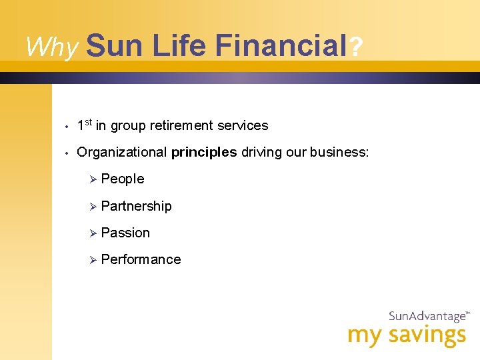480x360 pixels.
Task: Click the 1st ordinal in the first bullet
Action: (85, 125)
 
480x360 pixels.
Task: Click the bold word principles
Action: (204, 152)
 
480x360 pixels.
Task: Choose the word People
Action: (123, 179)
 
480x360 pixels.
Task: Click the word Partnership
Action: (136, 206)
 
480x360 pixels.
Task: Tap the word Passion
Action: (125, 233)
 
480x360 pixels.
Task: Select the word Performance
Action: (141, 259)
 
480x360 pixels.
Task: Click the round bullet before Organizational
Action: (68, 153)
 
